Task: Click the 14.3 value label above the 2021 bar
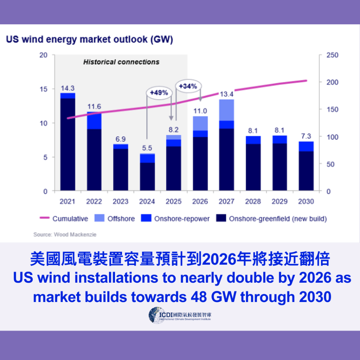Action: click(67, 88)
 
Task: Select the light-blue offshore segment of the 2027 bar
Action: click(226, 110)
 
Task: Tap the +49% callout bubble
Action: click(160, 93)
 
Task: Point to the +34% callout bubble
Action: click(188, 86)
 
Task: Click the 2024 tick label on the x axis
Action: click(147, 201)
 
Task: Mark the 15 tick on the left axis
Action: click(43, 89)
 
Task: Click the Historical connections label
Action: click(121, 62)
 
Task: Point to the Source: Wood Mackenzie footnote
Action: click(65, 234)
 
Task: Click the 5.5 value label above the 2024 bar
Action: click(147, 148)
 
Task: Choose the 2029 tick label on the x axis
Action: click(279, 201)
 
